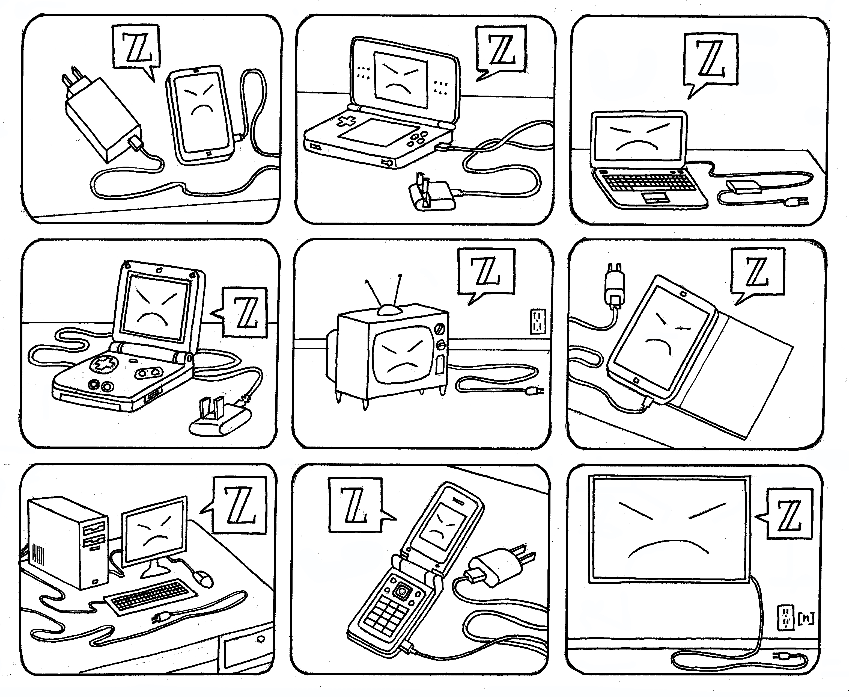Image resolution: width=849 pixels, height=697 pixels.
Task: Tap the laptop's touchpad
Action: (x=655, y=197)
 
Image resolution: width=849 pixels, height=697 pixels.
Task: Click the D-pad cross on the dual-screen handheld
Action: (x=346, y=121)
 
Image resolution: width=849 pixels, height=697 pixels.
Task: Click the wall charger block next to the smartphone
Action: (x=100, y=116)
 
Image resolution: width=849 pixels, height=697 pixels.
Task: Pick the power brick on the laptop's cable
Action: (x=743, y=187)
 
